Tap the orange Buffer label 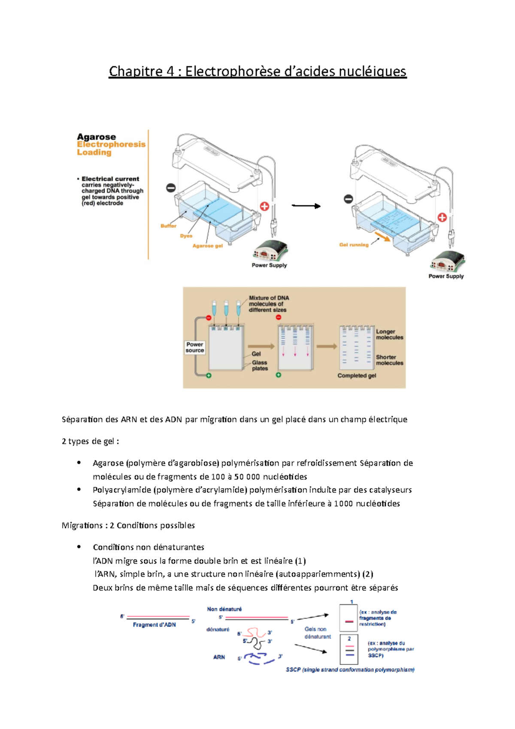point(168,226)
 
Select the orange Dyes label point(186,236)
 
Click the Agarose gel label point(207,246)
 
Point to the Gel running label point(354,245)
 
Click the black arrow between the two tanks point(306,206)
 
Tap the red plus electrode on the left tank point(264,207)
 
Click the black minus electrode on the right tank point(348,199)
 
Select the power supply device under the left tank point(270,251)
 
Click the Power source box point(194,347)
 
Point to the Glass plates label point(260,365)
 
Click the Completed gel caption point(356,376)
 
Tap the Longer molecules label point(389,334)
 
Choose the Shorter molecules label point(389,360)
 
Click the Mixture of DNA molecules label point(268,304)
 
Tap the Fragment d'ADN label point(154,625)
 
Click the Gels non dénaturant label point(317,633)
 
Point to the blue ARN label point(219,657)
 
